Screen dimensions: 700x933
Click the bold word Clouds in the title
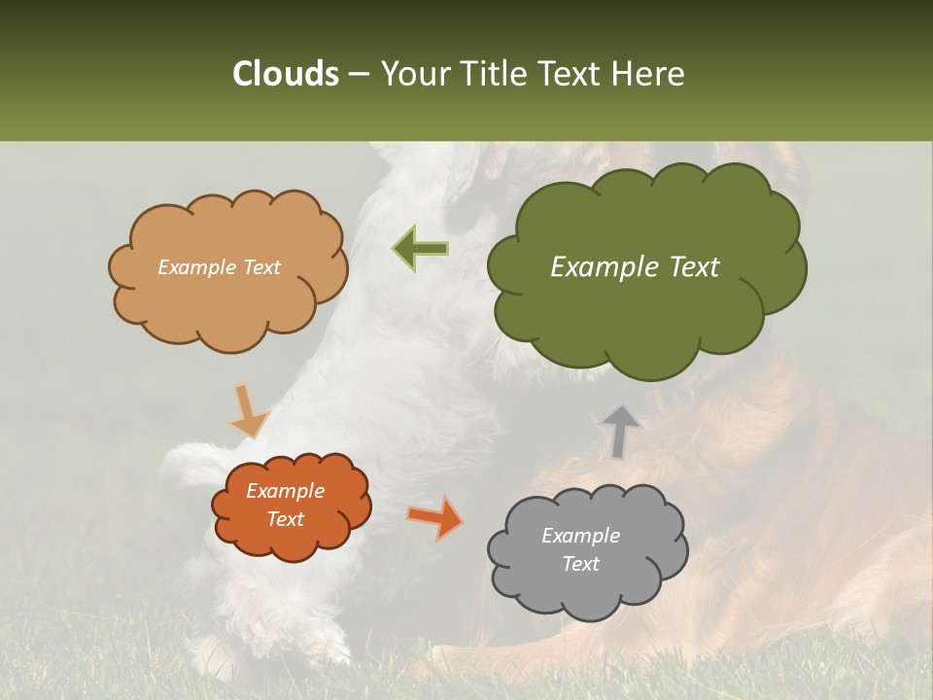[x=286, y=74]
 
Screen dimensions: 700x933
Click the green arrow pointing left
[x=421, y=248]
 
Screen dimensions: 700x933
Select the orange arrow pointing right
[x=434, y=517]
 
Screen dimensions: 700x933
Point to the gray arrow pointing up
[x=620, y=432]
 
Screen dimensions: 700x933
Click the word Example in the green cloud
[x=607, y=267]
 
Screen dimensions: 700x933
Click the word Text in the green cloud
[x=694, y=267]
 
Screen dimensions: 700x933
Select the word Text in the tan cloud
[x=261, y=267]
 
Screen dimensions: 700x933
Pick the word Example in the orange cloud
[x=286, y=491]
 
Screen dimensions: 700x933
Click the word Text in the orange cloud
[x=286, y=519]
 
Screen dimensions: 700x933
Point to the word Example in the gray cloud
[x=580, y=536]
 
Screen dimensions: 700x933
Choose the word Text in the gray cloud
[x=580, y=564]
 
